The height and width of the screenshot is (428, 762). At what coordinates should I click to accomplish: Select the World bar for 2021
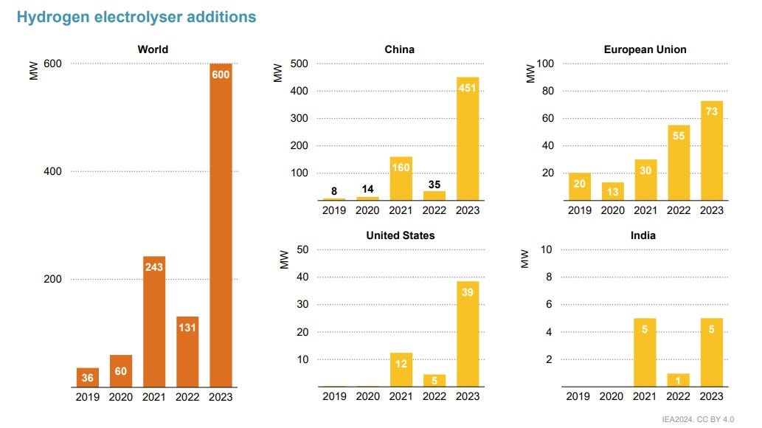tap(154, 321)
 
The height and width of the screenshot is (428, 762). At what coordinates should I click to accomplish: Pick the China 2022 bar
tap(434, 196)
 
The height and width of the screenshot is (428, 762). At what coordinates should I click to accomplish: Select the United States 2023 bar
tap(468, 334)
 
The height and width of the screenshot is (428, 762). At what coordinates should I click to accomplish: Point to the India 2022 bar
tap(679, 380)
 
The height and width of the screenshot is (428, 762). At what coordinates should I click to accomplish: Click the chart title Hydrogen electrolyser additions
tap(136, 17)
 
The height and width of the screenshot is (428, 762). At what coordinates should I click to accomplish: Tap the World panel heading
tap(153, 50)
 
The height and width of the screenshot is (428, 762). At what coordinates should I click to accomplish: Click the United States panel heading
tap(401, 235)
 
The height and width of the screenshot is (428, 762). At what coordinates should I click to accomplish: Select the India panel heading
tap(643, 235)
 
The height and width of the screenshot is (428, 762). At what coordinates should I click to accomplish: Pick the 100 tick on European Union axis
tap(545, 63)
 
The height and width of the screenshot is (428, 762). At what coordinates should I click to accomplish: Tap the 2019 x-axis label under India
tap(578, 396)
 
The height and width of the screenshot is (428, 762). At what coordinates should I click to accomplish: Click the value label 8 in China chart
tap(334, 191)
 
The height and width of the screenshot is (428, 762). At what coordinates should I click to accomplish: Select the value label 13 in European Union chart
tap(612, 192)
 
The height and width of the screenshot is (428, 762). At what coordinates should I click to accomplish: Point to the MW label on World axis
tap(33, 71)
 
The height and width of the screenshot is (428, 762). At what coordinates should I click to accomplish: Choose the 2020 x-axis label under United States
tap(367, 396)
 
